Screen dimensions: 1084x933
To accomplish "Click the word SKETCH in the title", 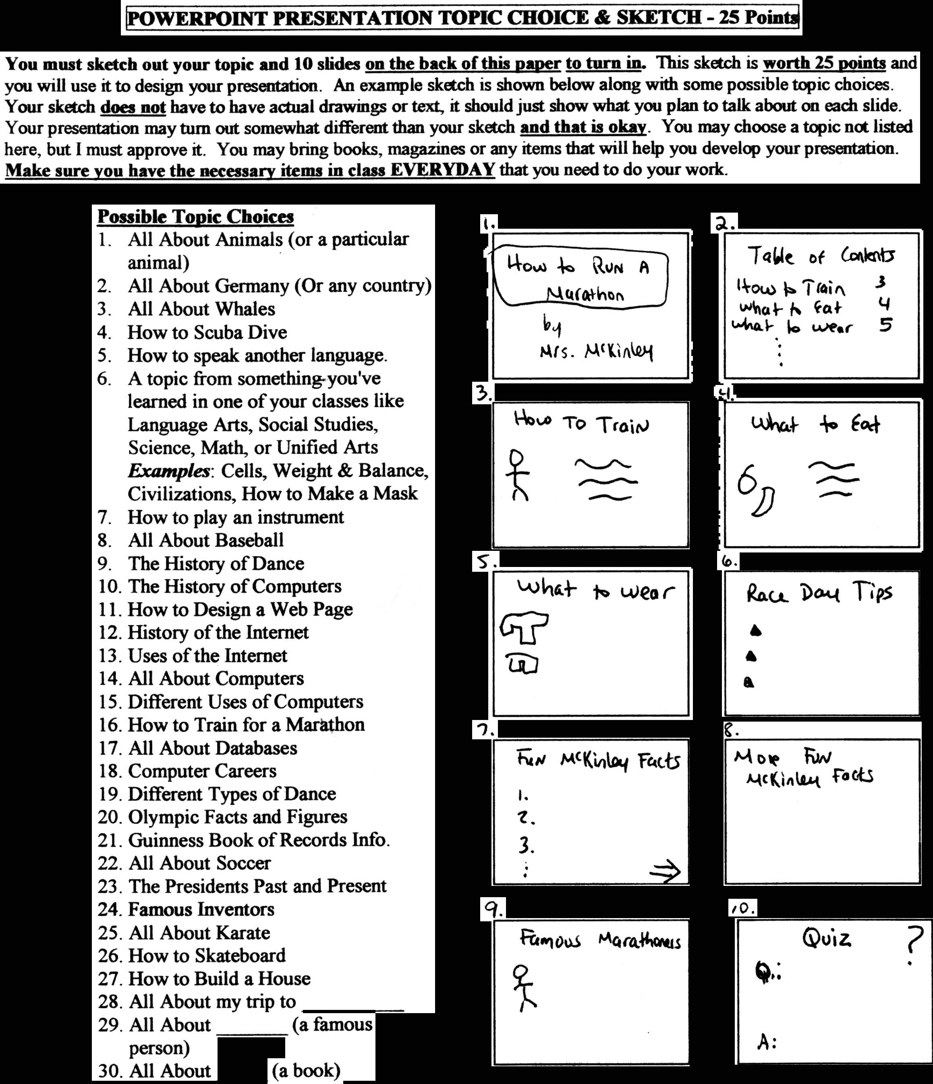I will point(658,18).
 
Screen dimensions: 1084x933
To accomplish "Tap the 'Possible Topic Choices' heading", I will point(196,217).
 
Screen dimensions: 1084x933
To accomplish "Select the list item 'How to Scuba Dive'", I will point(207,332).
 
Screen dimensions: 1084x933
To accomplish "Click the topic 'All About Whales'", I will point(201,309).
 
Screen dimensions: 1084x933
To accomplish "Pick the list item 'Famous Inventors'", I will point(201,909).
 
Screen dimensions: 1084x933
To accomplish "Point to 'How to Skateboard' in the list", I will point(207,955).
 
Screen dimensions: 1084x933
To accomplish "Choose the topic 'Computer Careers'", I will point(202,771).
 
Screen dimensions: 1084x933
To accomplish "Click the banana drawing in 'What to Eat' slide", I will point(763,501).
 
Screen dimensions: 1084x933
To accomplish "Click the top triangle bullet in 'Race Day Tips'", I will point(755,631).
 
